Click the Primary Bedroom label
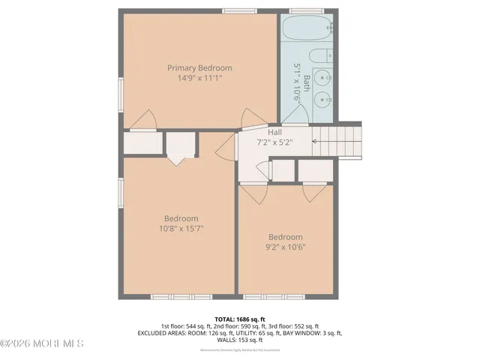[199, 67]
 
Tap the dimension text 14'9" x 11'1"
[199, 77]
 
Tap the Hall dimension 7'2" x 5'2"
[274, 141]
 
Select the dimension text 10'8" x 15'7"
[181, 228]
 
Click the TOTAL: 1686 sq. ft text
[239, 318]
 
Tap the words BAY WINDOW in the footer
[295, 333]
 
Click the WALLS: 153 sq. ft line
[239, 340]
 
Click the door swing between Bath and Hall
[294, 116]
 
